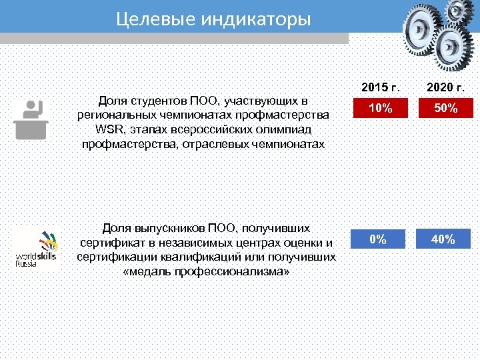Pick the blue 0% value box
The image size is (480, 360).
click(x=378, y=239)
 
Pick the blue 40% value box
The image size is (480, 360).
click(x=443, y=239)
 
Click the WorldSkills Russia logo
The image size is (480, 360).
click(x=37, y=249)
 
